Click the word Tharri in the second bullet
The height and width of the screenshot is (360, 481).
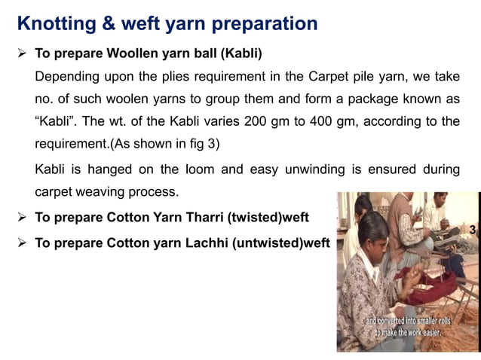pyautogui.click(x=197, y=219)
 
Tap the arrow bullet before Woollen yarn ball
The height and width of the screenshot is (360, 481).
pyautogui.click(x=23, y=55)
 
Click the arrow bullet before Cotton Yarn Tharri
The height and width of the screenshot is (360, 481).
pyautogui.click(x=23, y=219)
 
